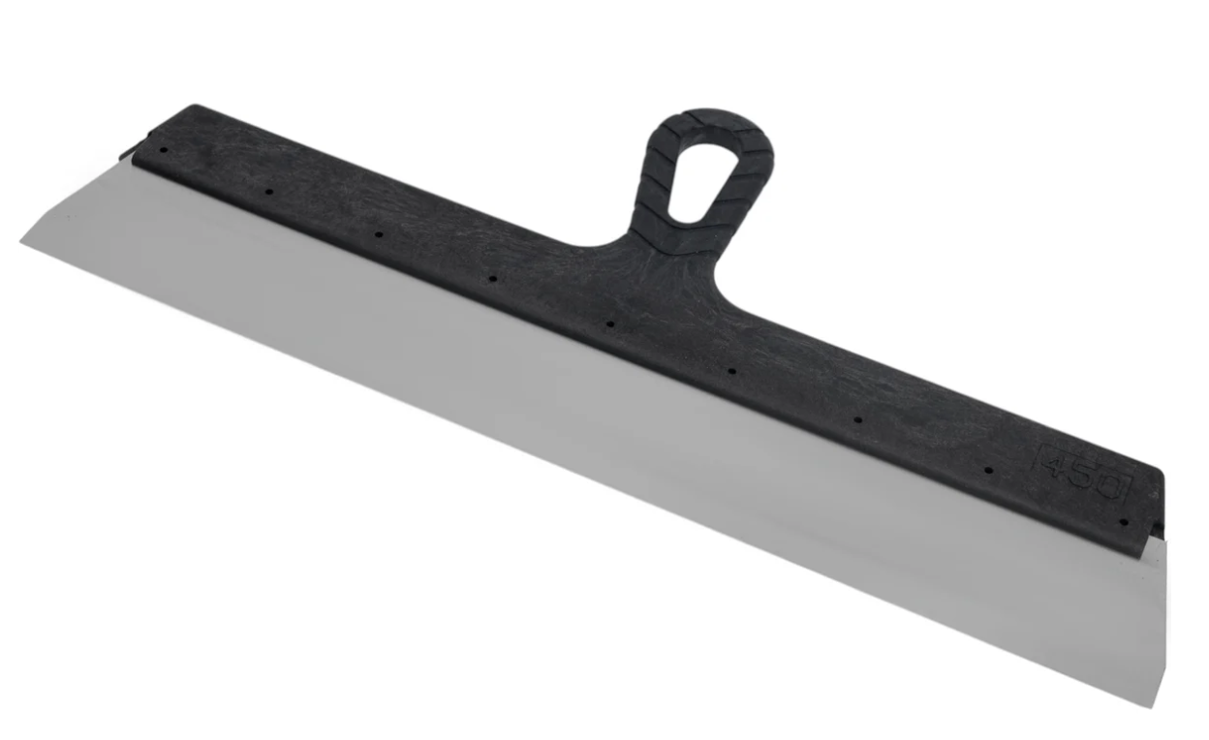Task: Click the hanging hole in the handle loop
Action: (x=696, y=182)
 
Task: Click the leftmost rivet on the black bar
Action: (x=165, y=150)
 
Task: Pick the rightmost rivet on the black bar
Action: (x=1125, y=522)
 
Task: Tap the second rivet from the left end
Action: (x=268, y=192)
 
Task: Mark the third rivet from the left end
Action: (x=379, y=234)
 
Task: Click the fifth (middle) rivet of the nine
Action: (x=610, y=324)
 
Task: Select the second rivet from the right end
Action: (x=989, y=471)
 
